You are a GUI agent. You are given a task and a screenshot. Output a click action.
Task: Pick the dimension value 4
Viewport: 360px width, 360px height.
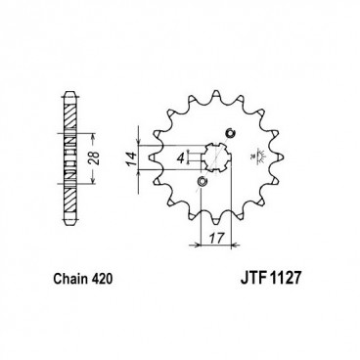[181, 156]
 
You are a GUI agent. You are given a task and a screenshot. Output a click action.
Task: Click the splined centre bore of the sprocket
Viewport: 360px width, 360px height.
[213, 157]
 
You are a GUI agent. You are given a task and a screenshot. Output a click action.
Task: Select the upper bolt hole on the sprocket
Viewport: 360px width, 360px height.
[231, 133]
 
